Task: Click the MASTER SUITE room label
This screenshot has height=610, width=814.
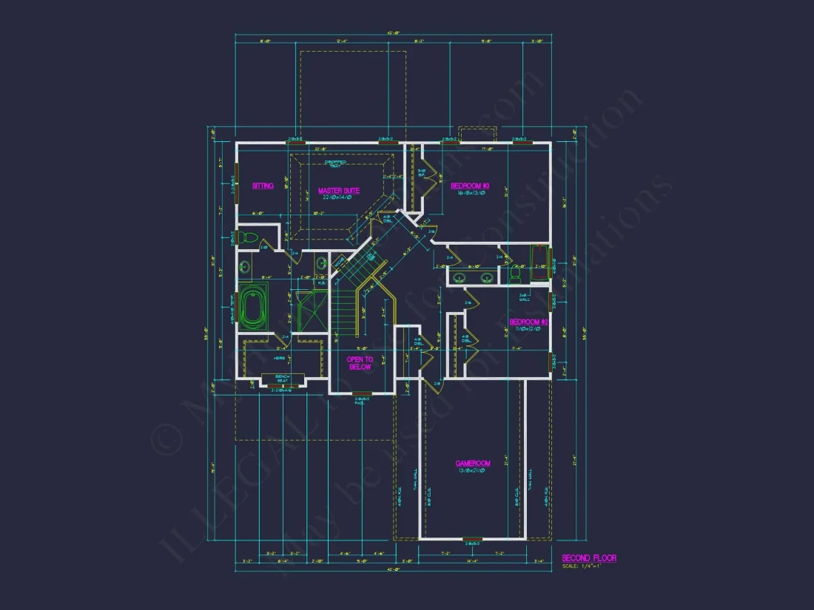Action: pos(339,190)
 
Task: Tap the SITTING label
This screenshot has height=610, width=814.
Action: pos(263,186)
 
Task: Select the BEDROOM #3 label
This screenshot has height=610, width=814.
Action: pos(471,186)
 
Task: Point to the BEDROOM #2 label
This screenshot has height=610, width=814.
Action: pos(528,322)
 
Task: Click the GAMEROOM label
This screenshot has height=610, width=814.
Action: pos(473,464)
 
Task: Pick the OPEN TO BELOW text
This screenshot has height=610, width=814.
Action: pos(360,362)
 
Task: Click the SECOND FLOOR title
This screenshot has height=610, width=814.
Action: pos(589,558)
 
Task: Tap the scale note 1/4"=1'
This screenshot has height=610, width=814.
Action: pos(581,566)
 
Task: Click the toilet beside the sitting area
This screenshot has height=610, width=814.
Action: pos(250,239)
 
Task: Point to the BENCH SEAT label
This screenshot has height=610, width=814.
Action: pos(281,379)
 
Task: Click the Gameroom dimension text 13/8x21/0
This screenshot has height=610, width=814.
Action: pos(473,471)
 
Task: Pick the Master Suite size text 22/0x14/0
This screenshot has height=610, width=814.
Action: pos(339,197)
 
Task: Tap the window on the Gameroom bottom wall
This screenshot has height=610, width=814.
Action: pos(472,539)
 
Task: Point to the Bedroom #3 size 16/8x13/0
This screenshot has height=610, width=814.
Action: pos(471,193)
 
